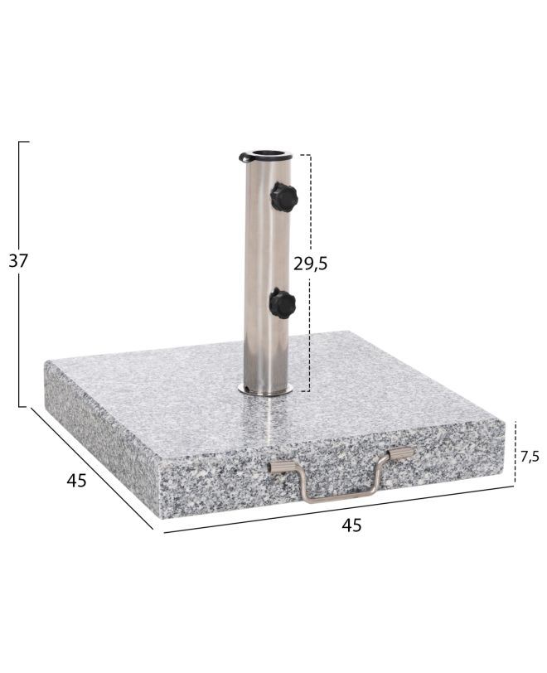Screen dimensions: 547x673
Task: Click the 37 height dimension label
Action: click(x=18, y=261)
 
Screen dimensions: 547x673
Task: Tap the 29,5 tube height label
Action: click(x=310, y=264)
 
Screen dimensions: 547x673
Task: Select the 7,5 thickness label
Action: click(x=530, y=457)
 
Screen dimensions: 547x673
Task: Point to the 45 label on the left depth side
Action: click(x=76, y=480)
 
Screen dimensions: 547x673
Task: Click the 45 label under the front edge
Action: click(x=351, y=525)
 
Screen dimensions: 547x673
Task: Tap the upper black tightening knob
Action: click(x=283, y=197)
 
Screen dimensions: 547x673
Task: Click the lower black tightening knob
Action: click(x=283, y=303)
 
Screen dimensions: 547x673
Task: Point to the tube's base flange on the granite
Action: click(x=265, y=390)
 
